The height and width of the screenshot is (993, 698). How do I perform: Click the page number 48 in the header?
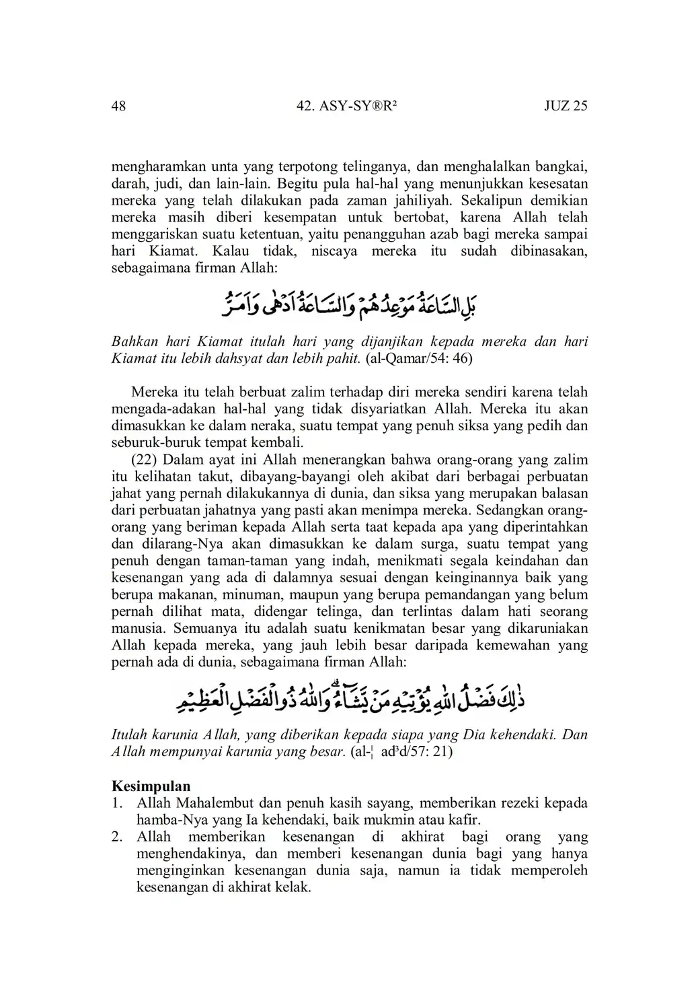[118, 106]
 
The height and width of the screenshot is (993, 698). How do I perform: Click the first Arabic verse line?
[349, 304]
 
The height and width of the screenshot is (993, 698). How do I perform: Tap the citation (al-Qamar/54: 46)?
[418, 358]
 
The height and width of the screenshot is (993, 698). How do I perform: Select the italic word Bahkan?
[134, 341]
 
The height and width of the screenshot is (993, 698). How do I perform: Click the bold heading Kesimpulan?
[151, 786]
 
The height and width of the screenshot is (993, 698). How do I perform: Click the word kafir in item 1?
[465, 820]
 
